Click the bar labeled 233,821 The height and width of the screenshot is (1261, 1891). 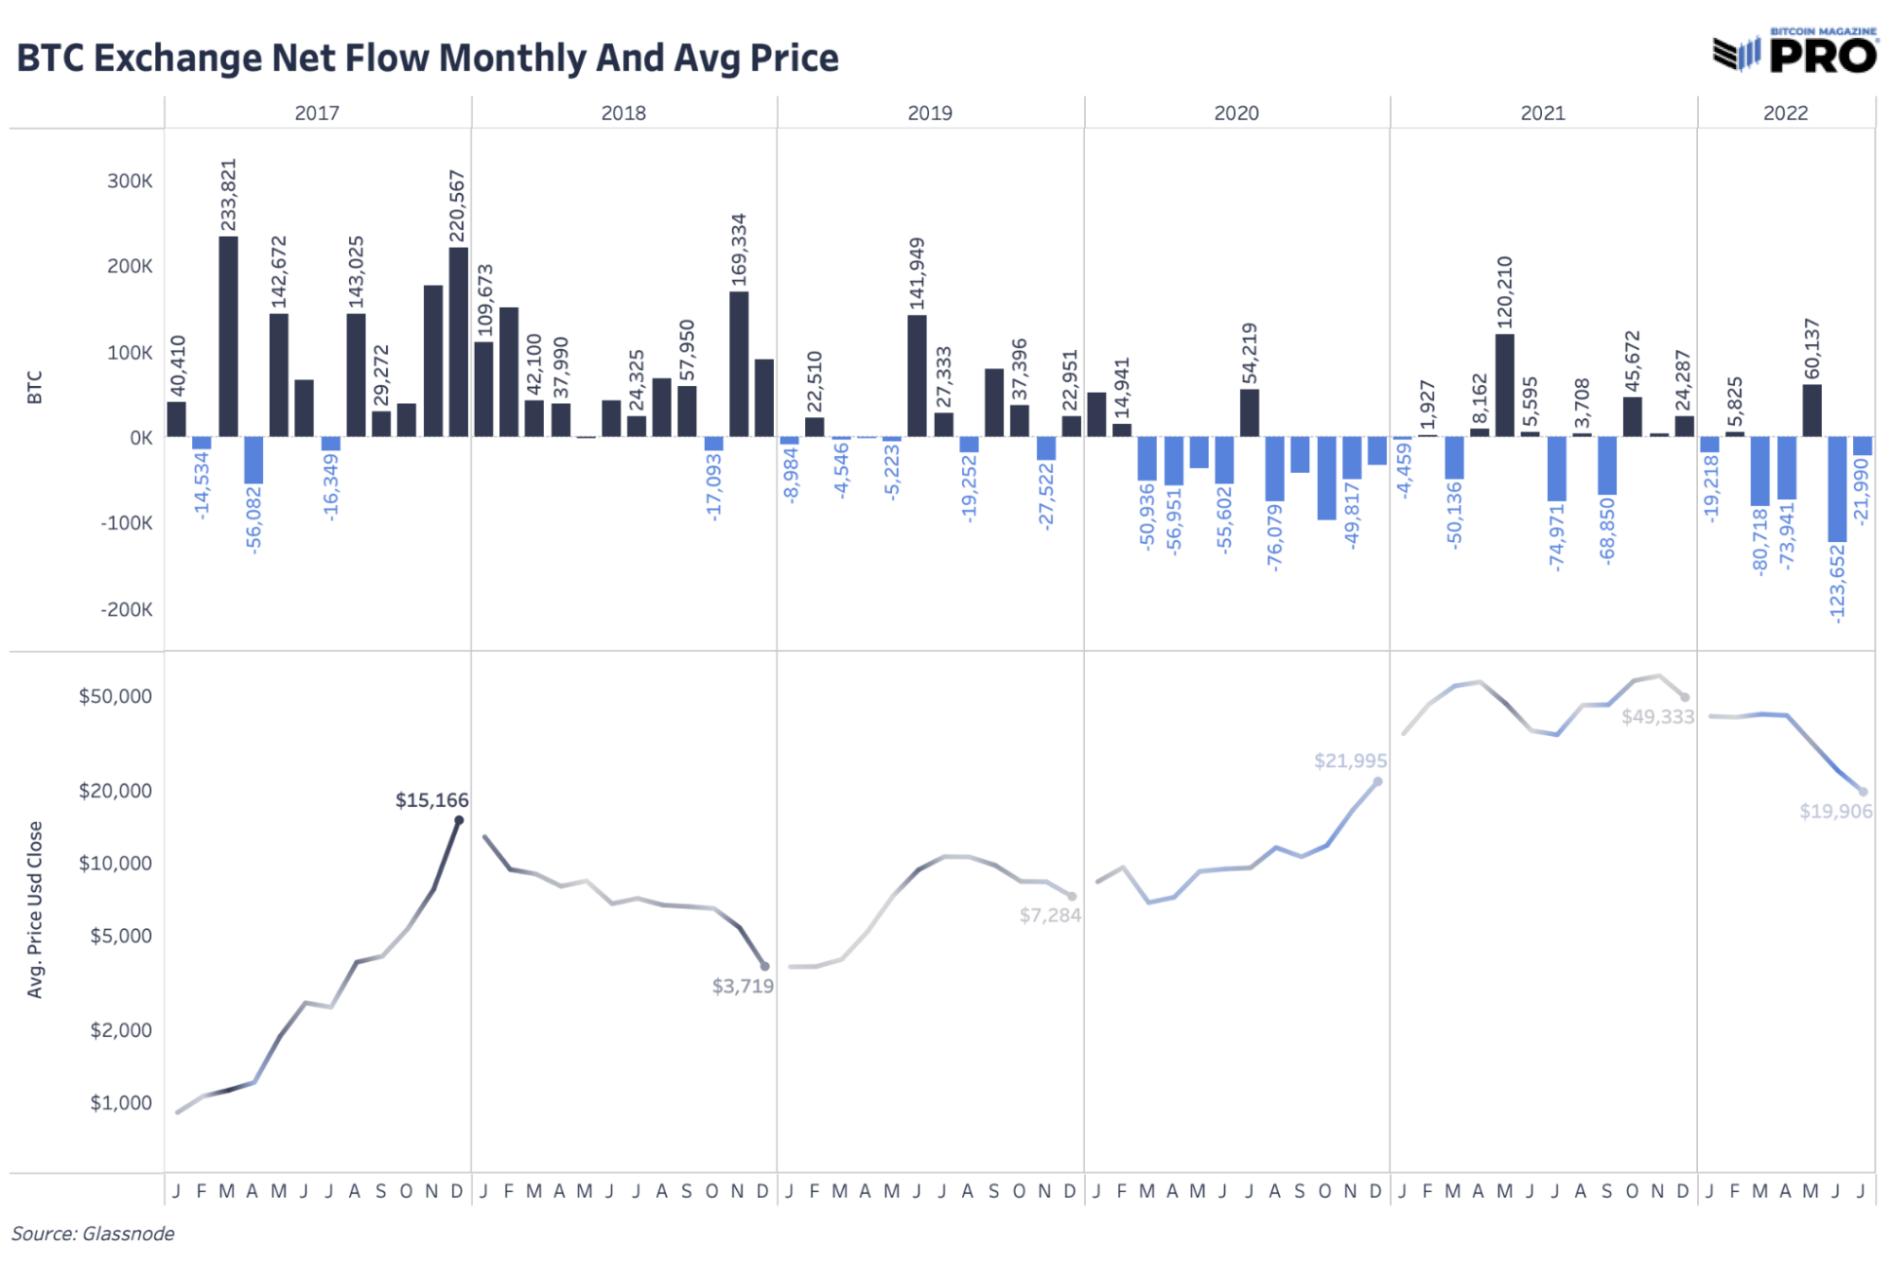click(228, 336)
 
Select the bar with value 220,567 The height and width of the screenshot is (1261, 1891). click(458, 342)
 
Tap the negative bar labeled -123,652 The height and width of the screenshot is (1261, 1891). click(1837, 489)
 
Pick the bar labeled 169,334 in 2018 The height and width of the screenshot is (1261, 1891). click(739, 364)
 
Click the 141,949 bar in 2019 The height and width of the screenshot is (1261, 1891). click(917, 376)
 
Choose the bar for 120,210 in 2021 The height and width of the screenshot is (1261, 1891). click(1504, 385)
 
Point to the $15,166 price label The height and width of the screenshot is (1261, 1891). click(431, 800)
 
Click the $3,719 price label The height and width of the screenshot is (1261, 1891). click(743, 987)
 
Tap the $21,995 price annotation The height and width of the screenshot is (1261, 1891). click(1350, 761)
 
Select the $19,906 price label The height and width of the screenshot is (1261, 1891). click(1835, 811)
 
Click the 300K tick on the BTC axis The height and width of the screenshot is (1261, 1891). click(130, 181)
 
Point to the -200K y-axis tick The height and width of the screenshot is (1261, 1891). click(127, 609)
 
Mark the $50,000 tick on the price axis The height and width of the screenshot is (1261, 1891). click(115, 696)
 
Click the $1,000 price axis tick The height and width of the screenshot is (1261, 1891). click(121, 1103)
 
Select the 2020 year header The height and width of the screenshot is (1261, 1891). click(1236, 113)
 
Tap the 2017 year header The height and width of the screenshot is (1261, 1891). click(317, 113)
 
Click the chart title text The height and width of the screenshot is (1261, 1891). click(428, 58)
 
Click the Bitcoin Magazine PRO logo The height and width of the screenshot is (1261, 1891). click(1795, 51)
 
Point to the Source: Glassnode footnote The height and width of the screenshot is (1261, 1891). click(93, 1234)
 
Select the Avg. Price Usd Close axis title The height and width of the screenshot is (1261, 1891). click(35, 909)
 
